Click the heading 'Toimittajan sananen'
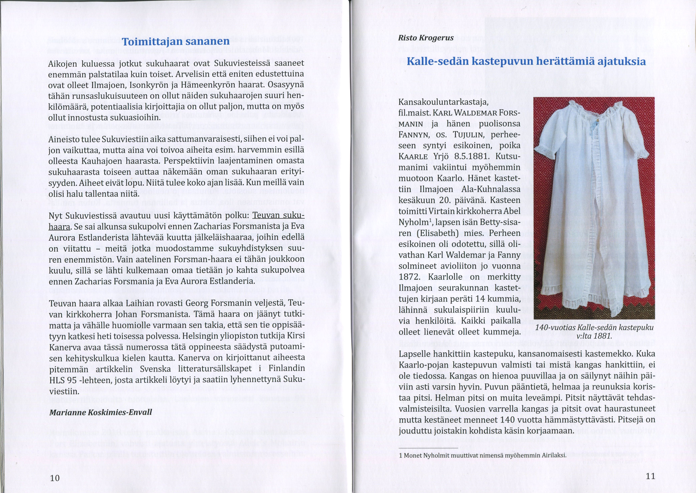176,42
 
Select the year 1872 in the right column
409,277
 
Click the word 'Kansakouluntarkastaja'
443,102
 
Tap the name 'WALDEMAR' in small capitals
478,113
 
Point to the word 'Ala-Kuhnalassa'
491,189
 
